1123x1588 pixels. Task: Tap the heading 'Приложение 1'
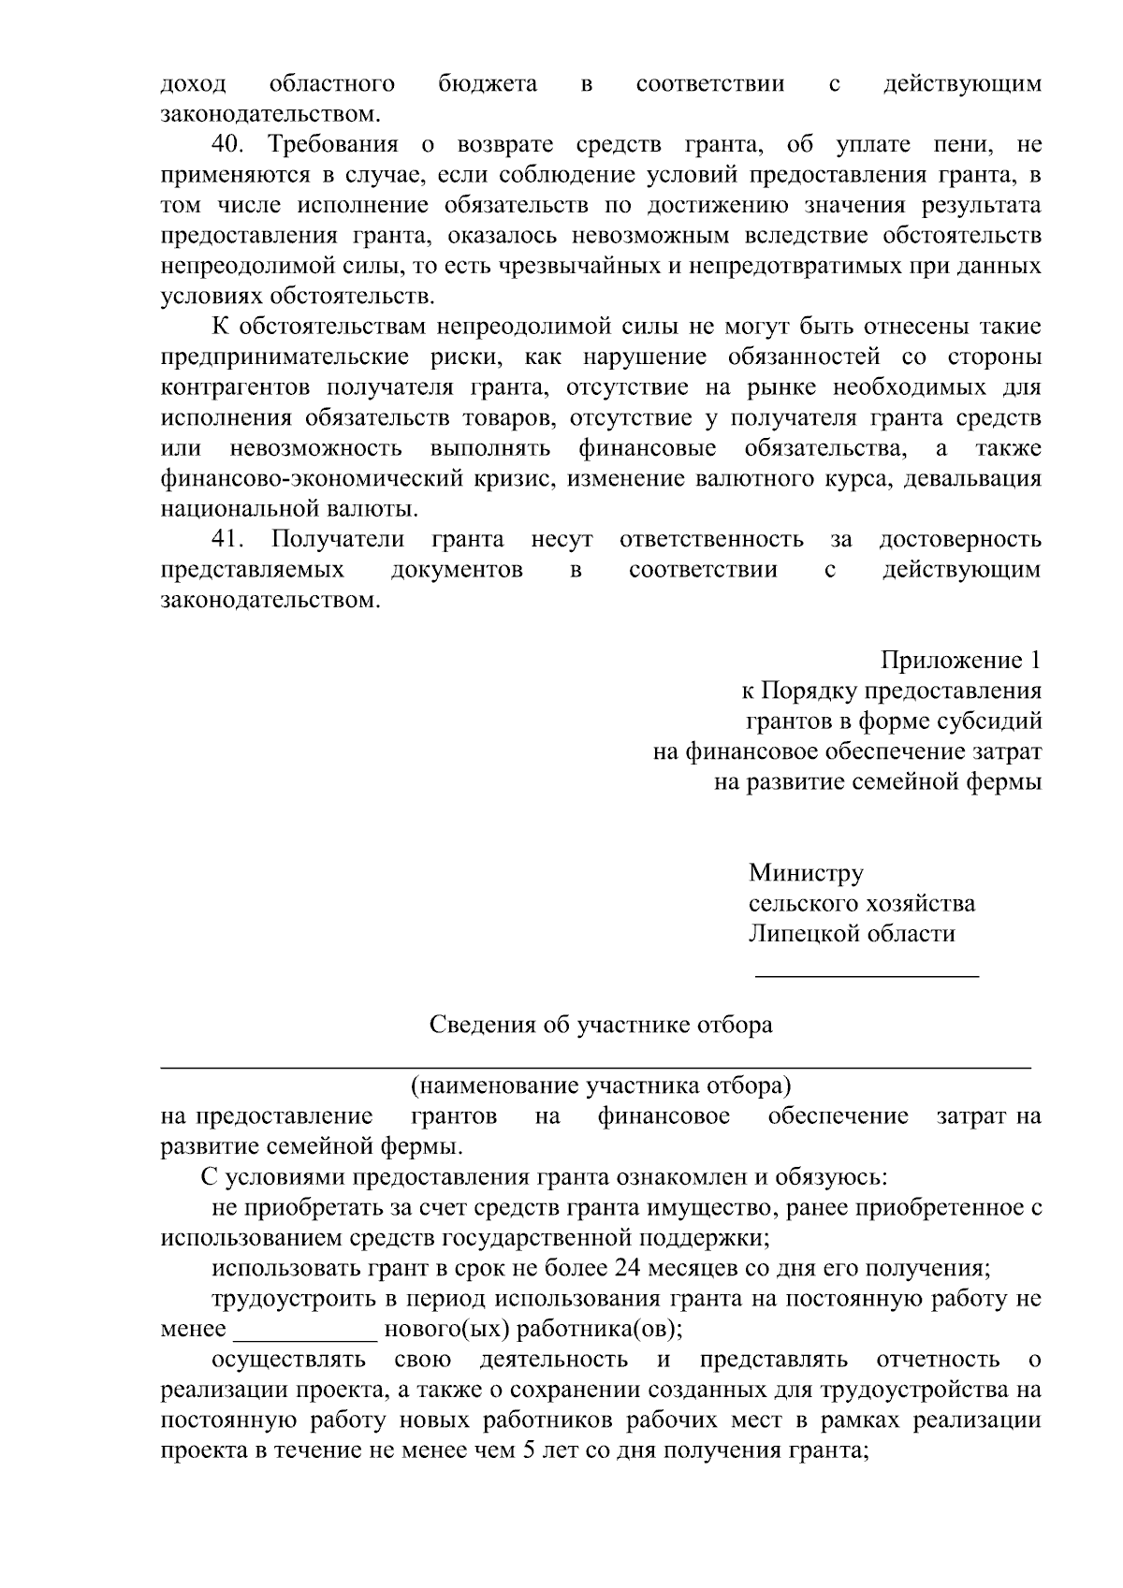(961, 661)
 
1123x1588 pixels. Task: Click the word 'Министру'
(806, 873)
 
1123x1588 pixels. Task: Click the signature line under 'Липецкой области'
(867, 976)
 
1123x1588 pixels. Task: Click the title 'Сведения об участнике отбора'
(601, 1025)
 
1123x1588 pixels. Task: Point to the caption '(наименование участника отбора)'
(601, 1085)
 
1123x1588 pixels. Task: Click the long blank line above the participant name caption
(597, 1066)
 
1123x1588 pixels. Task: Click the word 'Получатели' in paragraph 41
(338, 539)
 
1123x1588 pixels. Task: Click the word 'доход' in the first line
(193, 84)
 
